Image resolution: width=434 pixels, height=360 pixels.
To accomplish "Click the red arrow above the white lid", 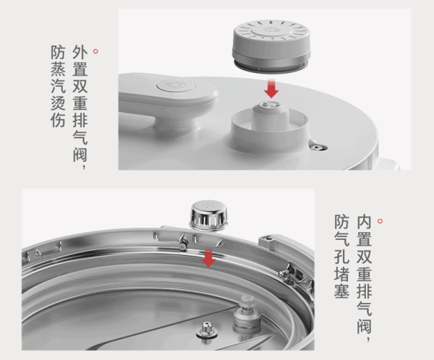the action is pos(271,88).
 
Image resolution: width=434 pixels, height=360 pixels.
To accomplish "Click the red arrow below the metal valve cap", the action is pos(208,258).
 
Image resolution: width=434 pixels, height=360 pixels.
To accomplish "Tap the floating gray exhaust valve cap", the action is pos(271,46).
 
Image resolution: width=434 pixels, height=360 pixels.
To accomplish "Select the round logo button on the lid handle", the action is pos(176,85).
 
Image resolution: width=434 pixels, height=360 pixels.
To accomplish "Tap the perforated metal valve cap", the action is pos(209,215).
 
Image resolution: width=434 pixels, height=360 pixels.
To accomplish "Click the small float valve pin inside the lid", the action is pos(206,330).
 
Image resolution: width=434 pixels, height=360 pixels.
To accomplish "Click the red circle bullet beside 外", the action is pos(95,51).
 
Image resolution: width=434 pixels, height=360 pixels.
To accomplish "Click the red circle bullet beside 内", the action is pos(380,221).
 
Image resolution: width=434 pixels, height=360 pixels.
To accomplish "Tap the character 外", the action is pos(80,53).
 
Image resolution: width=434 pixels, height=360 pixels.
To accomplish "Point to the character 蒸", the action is pos(58,69).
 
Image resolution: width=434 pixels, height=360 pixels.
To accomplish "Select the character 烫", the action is pos(58,103).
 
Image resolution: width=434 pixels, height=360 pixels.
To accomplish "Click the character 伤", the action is pos(58,120).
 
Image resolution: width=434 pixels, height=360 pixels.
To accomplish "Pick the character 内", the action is pos(364,222).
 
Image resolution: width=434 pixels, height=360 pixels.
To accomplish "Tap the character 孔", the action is pos(341,256).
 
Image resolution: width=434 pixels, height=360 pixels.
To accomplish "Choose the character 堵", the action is pos(341,273).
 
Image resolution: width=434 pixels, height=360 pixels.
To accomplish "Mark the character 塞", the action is pos(341,291).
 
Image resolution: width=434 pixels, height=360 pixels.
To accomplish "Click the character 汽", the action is pos(58,86).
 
